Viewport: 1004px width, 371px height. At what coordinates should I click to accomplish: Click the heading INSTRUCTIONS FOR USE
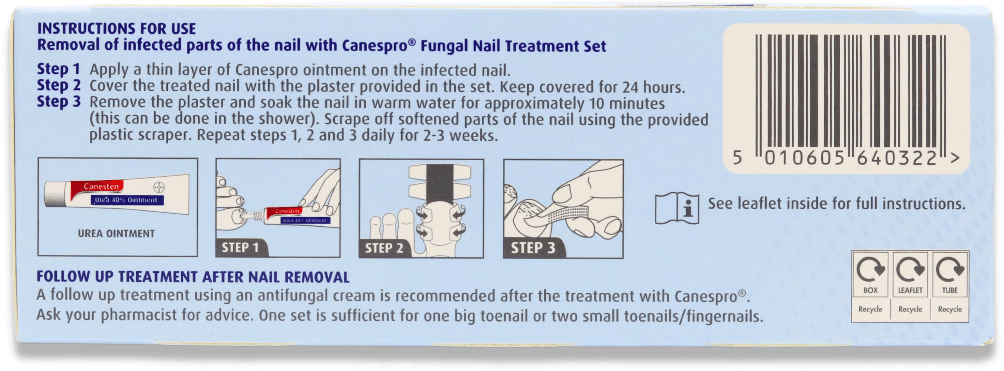116,29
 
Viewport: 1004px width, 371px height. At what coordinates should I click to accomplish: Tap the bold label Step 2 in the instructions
59,85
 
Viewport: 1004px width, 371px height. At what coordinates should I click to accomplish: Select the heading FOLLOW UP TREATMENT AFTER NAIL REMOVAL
193,277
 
